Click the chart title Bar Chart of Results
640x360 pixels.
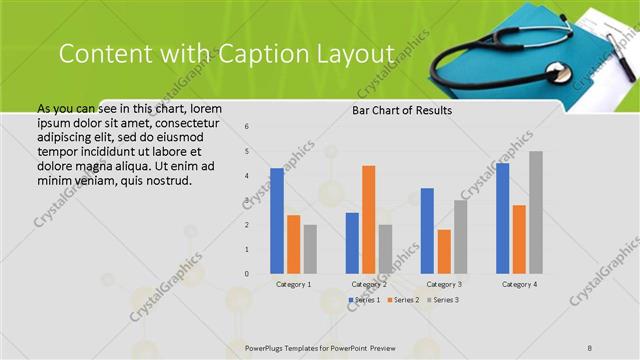tap(401, 110)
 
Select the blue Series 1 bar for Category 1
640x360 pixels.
tap(277, 220)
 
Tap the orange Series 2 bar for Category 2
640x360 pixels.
tap(368, 219)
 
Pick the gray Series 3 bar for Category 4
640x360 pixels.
tap(536, 212)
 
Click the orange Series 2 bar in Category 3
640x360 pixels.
tap(444, 251)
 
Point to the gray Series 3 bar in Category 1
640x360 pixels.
tap(310, 248)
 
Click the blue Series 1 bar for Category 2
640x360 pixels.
tap(352, 242)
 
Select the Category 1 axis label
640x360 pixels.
tap(293, 284)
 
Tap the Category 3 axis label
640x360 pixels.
tap(443, 284)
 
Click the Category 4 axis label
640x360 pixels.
tap(518, 284)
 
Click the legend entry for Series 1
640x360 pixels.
tap(364, 300)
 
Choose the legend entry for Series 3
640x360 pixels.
tap(444, 300)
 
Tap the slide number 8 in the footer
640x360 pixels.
tap(590, 346)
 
